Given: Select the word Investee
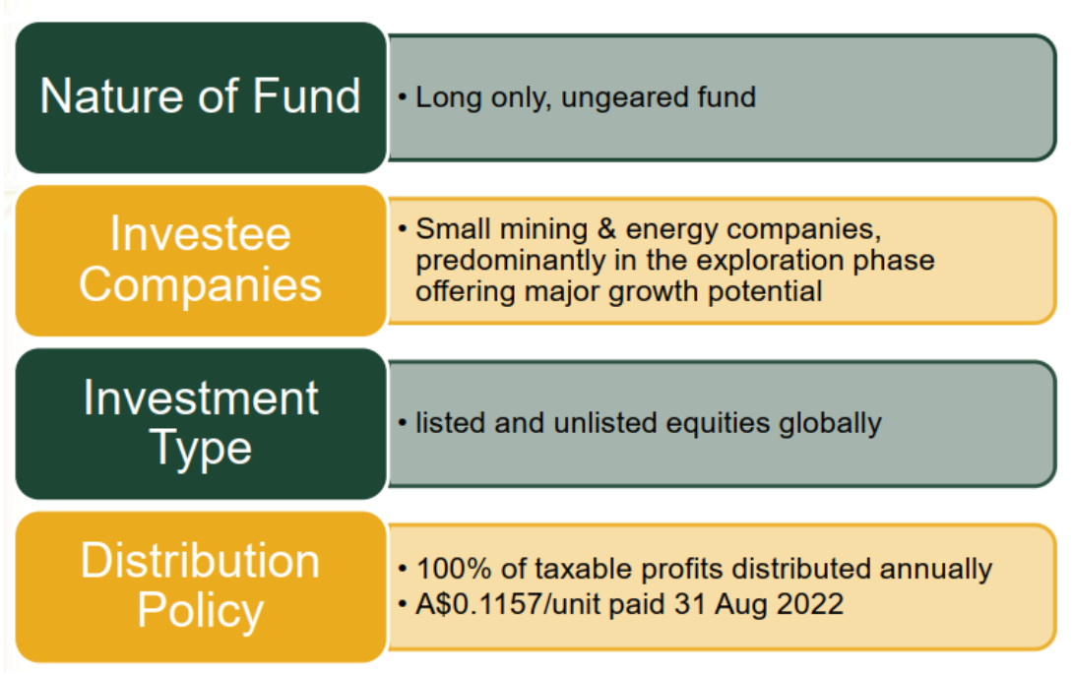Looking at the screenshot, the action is point(201,234).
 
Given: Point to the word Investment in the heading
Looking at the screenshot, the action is point(201,398).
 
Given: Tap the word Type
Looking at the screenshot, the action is point(201,450).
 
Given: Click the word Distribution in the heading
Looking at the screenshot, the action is point(201,561).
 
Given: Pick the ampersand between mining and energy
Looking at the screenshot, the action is point(607,229).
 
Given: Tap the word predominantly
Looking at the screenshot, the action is point(511,262).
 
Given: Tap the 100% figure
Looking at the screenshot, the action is point(454,569).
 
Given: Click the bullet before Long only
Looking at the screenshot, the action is point(403,97).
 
